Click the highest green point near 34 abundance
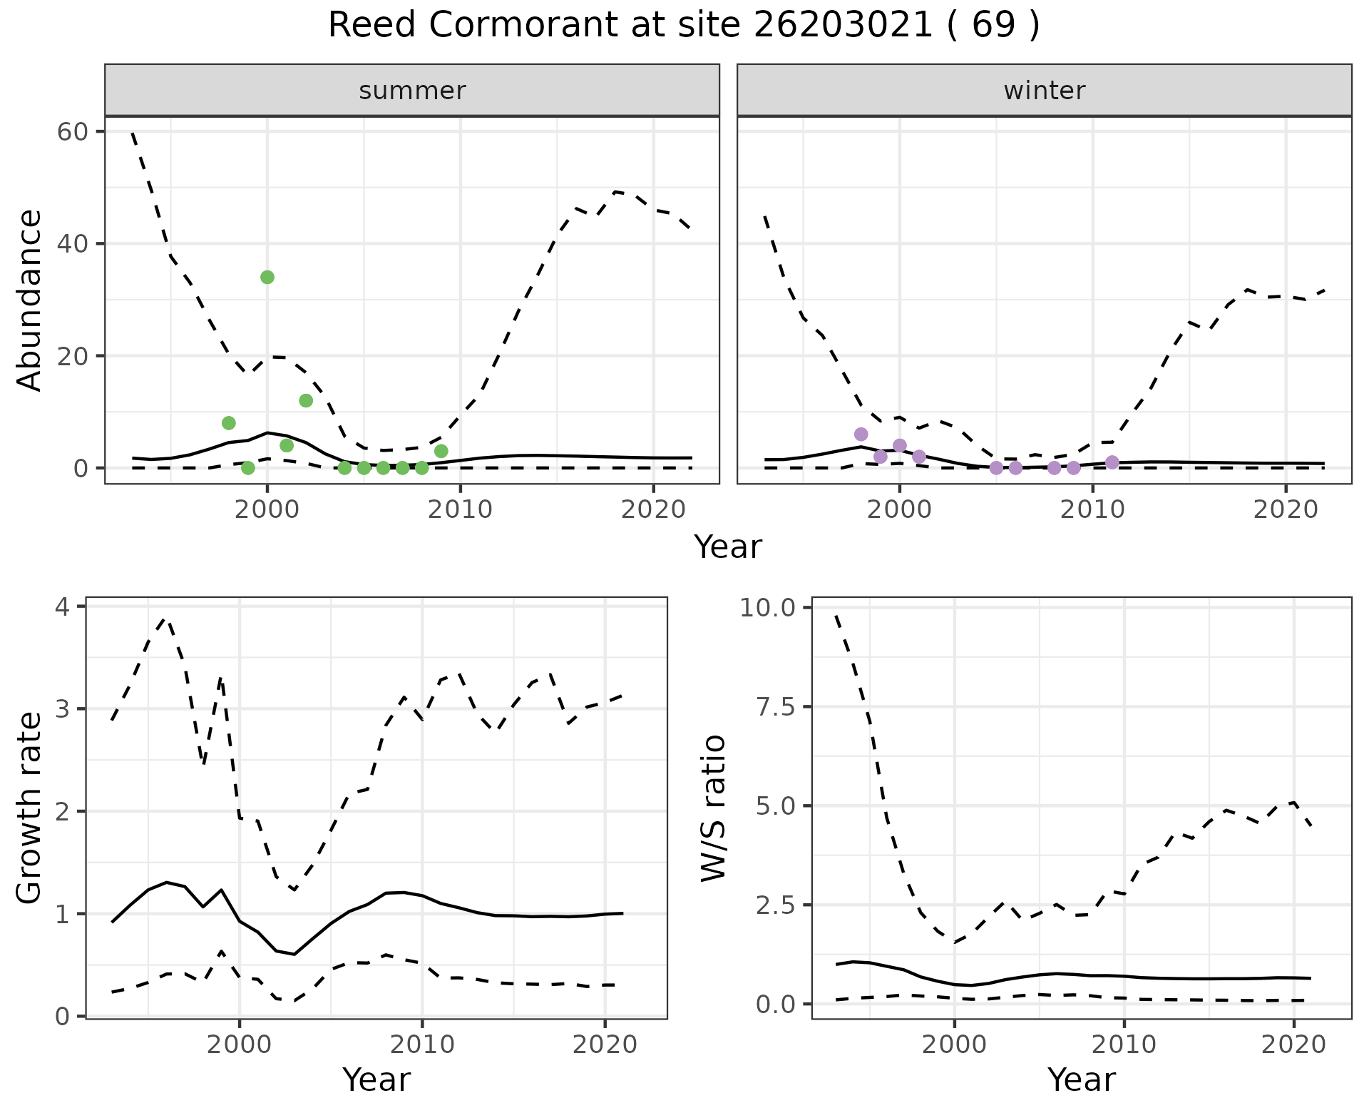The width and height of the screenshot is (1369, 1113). coord(267,277)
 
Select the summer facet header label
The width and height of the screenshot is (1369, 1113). coord(412,91)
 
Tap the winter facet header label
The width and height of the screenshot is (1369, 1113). coord(1044,91)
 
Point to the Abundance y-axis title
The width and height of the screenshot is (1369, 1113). coord(30,300)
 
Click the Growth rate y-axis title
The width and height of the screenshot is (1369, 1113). coord(30,808)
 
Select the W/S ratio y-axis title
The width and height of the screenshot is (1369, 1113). coord(713,808)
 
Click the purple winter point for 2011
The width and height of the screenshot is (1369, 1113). coord(1112,462)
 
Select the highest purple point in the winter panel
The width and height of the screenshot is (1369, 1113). coord(861,434)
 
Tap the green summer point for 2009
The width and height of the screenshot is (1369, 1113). coord(441,451)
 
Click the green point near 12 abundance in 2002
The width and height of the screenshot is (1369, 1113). coord(306,400)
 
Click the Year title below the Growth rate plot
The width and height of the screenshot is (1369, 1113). coord(376,1079)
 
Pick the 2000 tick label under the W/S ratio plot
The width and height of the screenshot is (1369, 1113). coord(954,1046)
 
